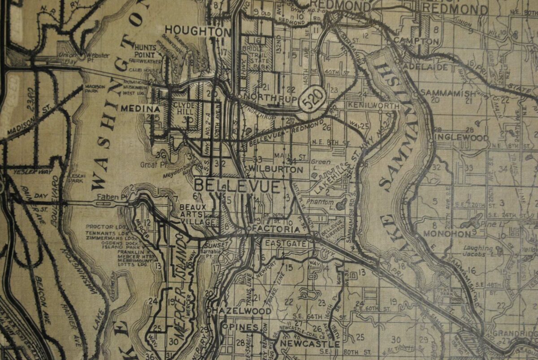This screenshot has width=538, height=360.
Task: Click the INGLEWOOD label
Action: tap(461, 137)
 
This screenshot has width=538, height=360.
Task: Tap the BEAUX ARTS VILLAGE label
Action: tap(198, 214)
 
